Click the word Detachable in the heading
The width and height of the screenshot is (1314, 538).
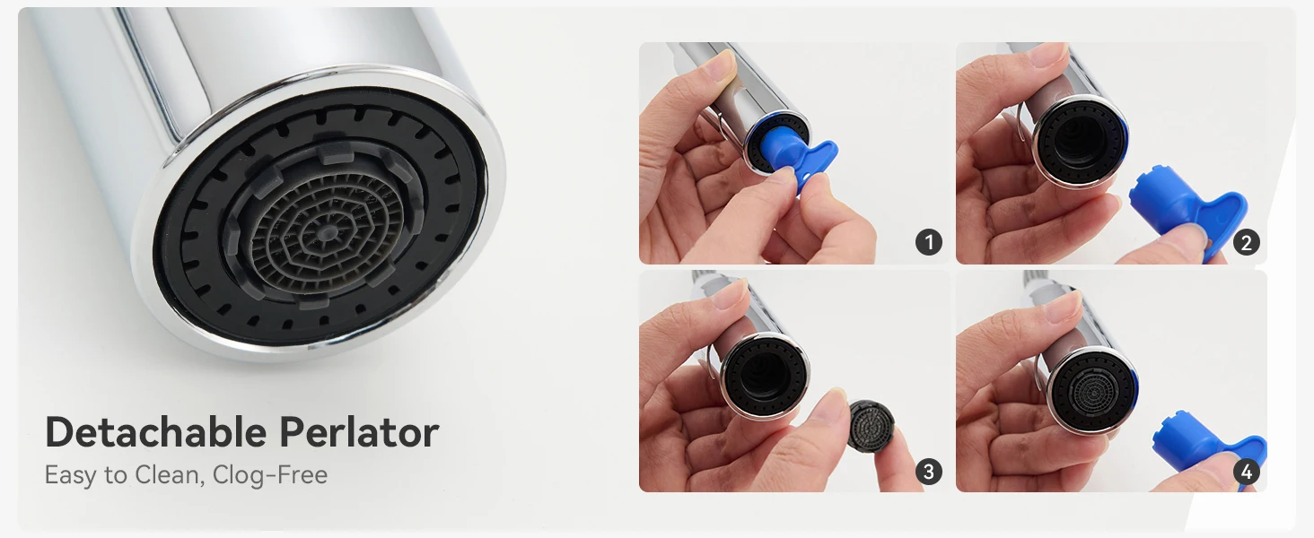pos(155,432)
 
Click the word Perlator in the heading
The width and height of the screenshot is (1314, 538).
pos(359,432)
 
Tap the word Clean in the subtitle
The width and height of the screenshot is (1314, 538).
pos(170,474)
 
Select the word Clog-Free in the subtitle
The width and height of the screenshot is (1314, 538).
pos(270,474)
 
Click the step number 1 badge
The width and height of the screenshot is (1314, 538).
pos(929,242)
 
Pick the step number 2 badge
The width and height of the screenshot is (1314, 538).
pos(1246,242)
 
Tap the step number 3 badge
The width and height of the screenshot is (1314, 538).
pos(929,471)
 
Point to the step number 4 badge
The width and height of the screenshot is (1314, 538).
pos(1246,471)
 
